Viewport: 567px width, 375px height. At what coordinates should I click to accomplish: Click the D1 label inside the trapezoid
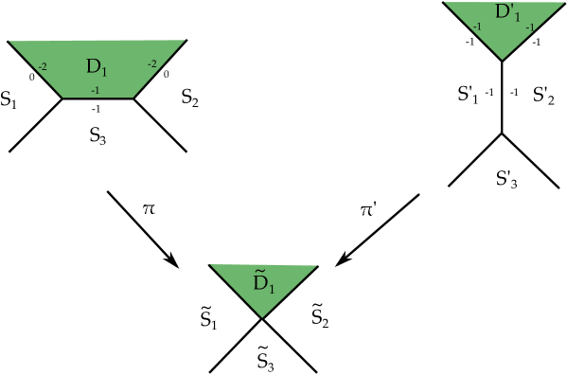(x=97, y=67)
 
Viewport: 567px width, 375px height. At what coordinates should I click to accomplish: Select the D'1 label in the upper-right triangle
(x=507, y=13)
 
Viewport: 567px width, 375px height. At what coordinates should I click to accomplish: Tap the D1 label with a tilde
(x=263, y=281)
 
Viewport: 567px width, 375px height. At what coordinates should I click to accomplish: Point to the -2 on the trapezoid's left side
(x=43, y=67)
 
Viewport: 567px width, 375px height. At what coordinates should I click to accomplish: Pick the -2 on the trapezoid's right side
(x=151, y=63)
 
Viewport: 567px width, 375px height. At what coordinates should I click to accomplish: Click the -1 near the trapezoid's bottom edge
(x=95, y=90)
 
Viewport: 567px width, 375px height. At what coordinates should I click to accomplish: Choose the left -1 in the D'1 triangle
(x=477, y=27)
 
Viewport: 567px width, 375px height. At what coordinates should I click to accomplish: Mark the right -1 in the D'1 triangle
(x=529, y=27)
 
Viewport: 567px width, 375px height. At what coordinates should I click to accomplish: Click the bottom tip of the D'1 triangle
(x=502, y=59)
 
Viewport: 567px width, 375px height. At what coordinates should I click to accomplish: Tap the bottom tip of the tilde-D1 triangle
(x=262, y=316)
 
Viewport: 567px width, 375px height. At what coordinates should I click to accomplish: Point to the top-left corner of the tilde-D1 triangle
(x=210, y=266)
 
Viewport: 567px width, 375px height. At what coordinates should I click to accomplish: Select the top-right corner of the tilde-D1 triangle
(x=316, y=266)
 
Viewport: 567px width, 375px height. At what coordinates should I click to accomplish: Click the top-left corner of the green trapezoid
(x=9, y=42)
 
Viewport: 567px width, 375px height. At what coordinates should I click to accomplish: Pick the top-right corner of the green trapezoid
(x=184, y=41)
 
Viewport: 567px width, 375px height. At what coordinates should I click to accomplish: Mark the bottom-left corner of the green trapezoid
(x=62, y=97)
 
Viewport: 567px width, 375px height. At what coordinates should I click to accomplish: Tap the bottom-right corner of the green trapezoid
(x=133, y=97)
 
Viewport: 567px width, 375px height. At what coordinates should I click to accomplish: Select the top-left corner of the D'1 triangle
(x=445, y=3)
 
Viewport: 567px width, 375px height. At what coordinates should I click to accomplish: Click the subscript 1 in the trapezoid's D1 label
(x=106, y=72)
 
